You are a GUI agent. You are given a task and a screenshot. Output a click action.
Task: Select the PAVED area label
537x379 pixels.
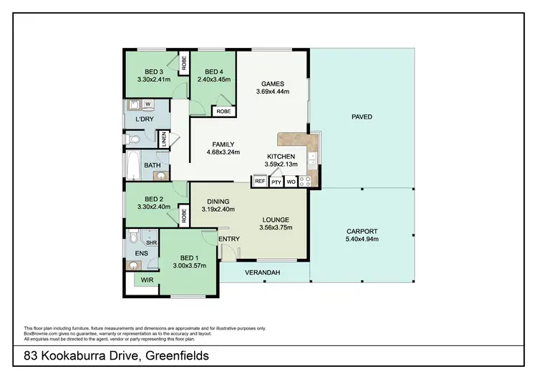click(x=362, y=117)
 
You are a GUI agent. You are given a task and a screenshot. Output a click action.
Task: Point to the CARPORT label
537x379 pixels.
click(x=362, y=232)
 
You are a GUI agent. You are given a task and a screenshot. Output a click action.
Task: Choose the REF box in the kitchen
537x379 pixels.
click(x=259, y=182)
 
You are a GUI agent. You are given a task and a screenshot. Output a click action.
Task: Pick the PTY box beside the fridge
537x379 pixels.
click(x=276, y=182)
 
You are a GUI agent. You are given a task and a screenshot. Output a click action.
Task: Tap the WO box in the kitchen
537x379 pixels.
click(x=291, y=182)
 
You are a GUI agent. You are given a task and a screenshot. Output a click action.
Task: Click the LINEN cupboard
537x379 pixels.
click(x=164, y=139)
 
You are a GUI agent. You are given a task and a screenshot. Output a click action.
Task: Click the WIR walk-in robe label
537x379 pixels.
click(x=147, y=280)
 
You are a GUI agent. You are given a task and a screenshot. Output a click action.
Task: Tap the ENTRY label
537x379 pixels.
click(x=229, y=239)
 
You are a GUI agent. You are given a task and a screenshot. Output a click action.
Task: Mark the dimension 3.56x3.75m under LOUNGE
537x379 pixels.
click(x=274, y=229)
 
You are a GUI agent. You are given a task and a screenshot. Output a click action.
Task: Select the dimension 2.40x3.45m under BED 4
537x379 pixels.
click(x=214, y=81)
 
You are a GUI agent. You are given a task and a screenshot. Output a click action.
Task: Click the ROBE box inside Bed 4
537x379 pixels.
click(x=223, y=112)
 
